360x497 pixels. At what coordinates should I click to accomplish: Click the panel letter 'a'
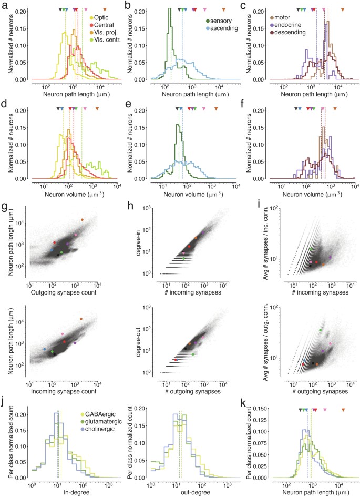pos(4,5)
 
